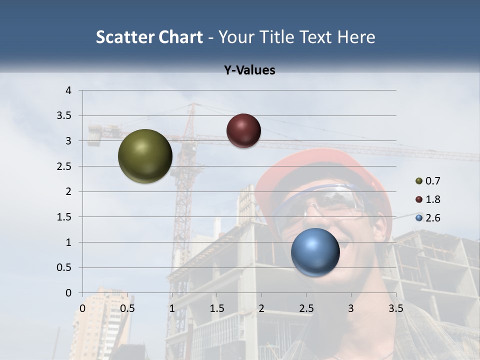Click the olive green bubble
click(x=145, y=156)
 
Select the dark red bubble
click(x=243, y=130)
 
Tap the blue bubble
click(x=315, y=252)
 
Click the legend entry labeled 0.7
click(x=428, y=180)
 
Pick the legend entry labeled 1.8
click(x=428, y=199)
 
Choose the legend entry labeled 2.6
click(x=428, y=218)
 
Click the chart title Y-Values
click(x=249, y=70)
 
